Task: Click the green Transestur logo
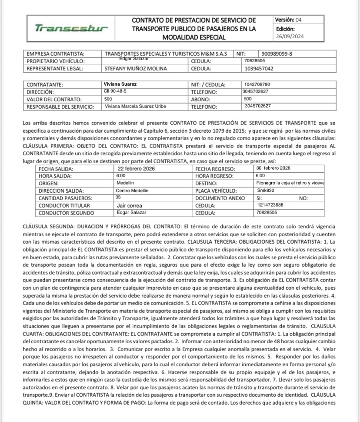71,29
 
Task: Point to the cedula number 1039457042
259,68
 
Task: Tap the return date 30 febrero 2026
273,168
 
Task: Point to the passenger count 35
118,197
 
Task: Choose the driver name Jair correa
130,205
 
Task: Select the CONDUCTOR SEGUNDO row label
64,213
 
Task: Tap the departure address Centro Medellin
132,191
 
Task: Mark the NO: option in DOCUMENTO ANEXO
304,198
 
